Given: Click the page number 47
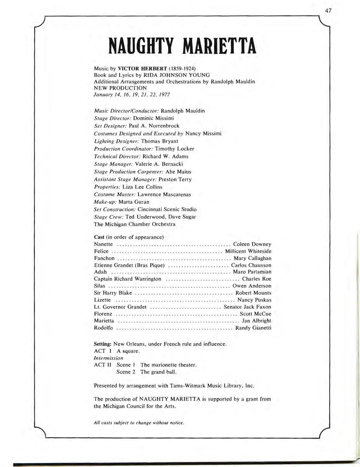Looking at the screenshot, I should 328,11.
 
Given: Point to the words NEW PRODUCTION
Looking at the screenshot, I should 120,88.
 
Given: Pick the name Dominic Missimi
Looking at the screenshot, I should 153,118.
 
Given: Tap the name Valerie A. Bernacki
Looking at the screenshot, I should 159,164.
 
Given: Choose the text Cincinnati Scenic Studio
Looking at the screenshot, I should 167,209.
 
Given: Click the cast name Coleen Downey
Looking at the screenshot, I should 252,244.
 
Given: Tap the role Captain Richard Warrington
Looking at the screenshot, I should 127,279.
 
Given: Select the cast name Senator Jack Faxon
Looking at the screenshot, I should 247,307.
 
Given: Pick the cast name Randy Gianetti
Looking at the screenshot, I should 253,328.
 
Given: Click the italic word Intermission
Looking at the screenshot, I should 108,358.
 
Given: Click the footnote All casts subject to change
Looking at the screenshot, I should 139,423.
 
